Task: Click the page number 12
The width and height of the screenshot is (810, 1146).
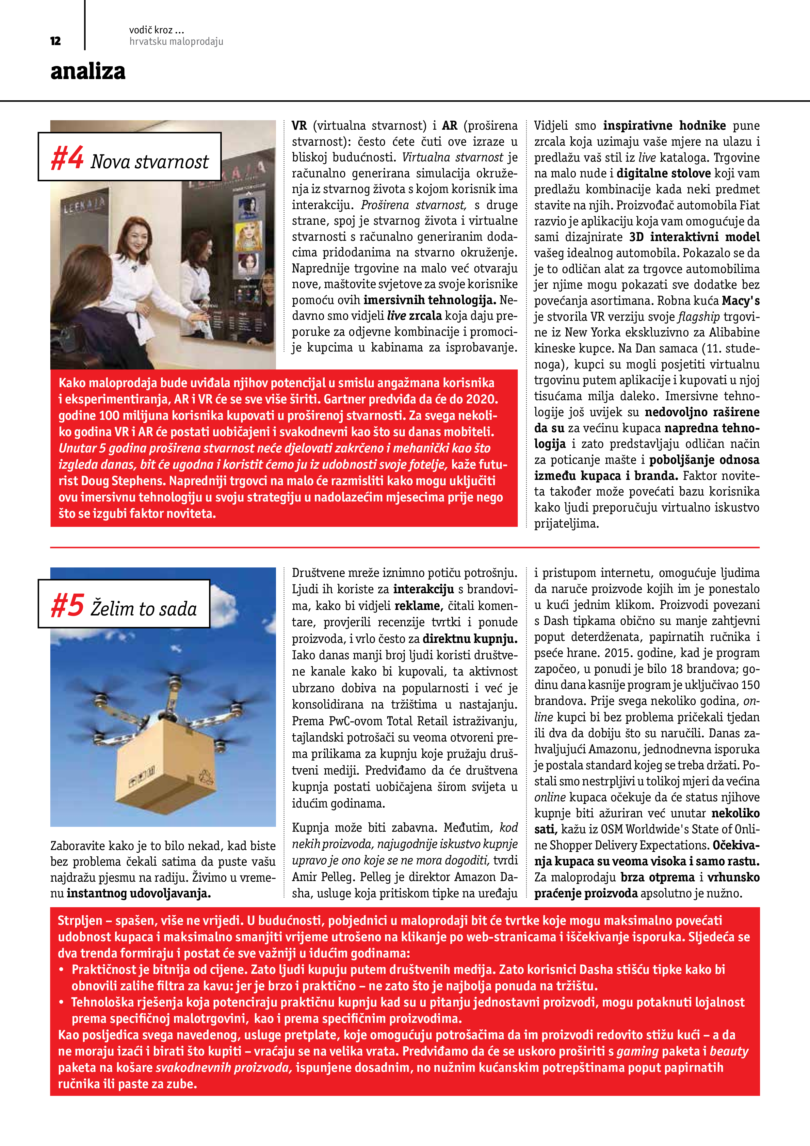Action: click(x=56, y=41)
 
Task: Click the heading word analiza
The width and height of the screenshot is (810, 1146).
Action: click(x=88, y=71)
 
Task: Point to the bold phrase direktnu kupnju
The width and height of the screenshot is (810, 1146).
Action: click(x=470, y=639)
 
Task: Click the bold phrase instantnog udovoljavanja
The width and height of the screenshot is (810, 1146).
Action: click(x=139, y=893)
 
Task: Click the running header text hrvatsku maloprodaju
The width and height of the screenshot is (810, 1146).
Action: click(x=176, y=42)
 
